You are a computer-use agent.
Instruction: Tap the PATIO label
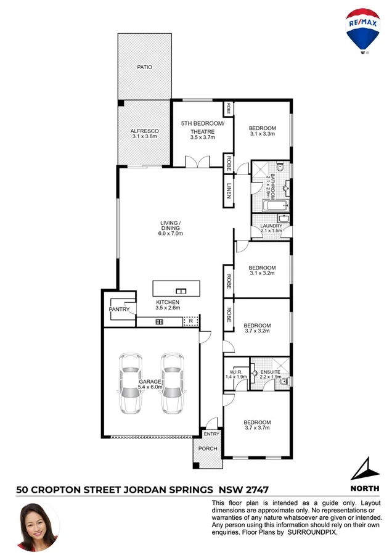click(x=145, y=67)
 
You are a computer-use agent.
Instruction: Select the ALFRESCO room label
click(x=145, y=131)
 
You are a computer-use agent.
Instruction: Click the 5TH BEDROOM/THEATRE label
click(x=203, y=127)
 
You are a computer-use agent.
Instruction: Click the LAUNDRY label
click(x=271, y=226)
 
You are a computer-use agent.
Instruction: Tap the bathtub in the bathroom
click(x=269, y=205)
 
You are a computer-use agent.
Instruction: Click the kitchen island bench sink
click(x=181, y=290)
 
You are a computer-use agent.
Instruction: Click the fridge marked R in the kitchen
click(x=191, y=322)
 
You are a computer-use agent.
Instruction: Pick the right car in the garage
click(x=173, y=382)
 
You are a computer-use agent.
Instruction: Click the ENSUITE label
click(x=270, y=372)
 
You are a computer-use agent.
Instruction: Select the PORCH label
click(x=207, y=448)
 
